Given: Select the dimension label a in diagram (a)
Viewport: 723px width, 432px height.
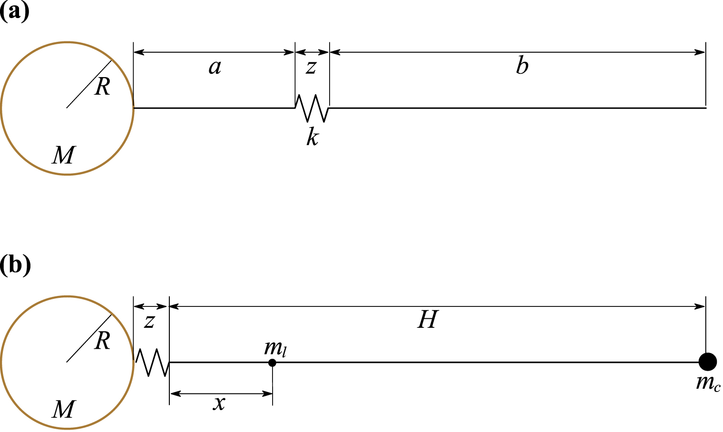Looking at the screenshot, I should tap(215, 67).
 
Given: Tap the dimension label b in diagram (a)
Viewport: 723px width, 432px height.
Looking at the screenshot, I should tap(522, 66).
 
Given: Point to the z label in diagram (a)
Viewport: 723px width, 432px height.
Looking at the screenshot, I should tap(311, 67).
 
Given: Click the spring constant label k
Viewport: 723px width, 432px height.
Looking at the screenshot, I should tap(313, 137).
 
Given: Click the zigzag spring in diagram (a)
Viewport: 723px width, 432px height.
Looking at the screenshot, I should tap(312, 108).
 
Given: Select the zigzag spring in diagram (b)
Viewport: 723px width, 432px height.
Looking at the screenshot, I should tap(152, 363).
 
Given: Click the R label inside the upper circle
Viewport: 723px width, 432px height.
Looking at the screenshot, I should tap(102, 87).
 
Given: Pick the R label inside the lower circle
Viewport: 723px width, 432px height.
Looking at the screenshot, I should tap(102, 341).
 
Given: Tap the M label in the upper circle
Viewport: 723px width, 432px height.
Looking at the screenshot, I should tap(64, 155).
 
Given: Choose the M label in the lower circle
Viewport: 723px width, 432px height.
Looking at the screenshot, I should tap(64, 409).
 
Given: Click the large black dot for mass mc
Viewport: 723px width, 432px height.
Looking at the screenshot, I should tap(708, 362).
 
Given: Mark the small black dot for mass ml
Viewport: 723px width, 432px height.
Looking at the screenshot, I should tap(272, 363).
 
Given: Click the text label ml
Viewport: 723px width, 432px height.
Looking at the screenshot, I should tap(275, 349).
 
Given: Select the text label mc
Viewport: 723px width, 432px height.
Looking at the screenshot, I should tap(708, 383).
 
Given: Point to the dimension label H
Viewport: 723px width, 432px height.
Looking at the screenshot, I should tap(427, 320).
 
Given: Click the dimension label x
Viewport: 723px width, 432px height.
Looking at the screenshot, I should tap(219, 403).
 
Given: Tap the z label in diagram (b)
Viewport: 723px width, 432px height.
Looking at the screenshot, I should tap(150, 322).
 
